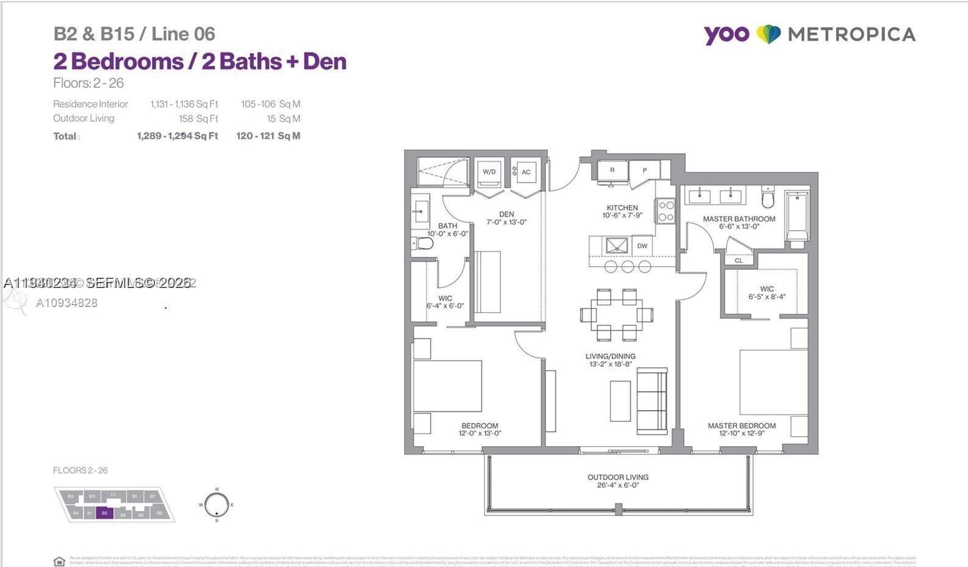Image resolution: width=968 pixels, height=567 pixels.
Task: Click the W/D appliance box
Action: tap(489, 172)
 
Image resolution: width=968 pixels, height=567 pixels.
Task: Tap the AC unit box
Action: tap(525, 172)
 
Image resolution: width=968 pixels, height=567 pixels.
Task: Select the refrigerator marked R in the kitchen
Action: tap(612, 170)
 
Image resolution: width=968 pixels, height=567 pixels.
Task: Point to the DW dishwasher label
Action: tap(642, 246)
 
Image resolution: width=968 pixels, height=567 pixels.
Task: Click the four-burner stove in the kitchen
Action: tap(666, 211)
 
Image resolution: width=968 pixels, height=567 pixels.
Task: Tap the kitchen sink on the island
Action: tap(616, 246)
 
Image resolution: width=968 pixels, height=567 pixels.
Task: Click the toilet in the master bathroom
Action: tap(768, 199)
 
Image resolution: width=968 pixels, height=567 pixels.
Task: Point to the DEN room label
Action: tap(506, 214)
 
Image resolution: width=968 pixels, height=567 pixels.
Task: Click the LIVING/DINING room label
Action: tap(610, 356)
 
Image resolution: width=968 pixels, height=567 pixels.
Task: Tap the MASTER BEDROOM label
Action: tap(741, 426)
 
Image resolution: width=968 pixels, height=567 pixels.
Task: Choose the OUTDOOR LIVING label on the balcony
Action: tap(618, 477)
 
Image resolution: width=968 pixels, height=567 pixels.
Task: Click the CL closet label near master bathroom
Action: tap(739, 261)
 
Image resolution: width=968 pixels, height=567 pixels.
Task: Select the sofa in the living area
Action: tap(652, 402)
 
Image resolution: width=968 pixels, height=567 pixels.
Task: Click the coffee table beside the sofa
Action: tap(620, 401)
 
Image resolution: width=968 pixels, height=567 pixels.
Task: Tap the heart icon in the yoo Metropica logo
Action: tap(768, 34)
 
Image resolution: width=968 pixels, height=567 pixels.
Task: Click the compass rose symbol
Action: tap(216, 505)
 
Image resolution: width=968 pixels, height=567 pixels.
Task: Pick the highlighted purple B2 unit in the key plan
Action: tap(105, 513)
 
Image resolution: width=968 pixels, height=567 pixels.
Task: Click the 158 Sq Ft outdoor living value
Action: tap(198, 119)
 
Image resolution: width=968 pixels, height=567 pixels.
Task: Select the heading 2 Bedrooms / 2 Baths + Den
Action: tap(200, 62)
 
